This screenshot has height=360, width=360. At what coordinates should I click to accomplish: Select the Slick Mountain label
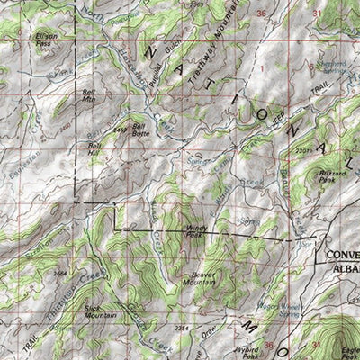click(99, 311)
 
